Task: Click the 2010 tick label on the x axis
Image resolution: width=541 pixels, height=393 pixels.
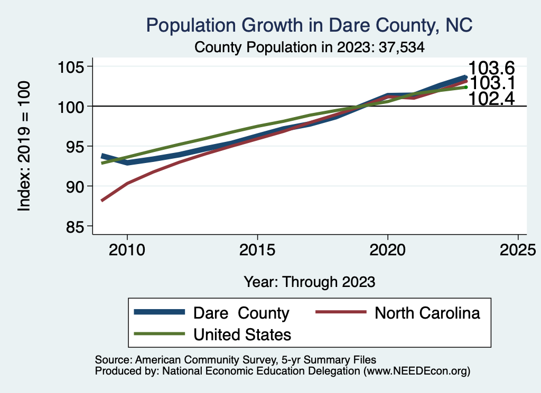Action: (127, 248)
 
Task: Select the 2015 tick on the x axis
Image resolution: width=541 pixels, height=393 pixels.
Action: (257, 248)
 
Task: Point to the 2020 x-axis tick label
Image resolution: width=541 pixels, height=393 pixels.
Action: (388, 248)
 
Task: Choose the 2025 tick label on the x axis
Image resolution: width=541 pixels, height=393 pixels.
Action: (518, 248)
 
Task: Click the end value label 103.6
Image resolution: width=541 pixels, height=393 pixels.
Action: (491, 68)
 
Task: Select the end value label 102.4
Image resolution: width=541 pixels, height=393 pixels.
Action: (491, 98)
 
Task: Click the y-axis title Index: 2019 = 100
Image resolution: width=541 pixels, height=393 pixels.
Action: (24, 146)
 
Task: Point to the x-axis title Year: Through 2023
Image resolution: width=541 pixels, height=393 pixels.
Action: (310, 282)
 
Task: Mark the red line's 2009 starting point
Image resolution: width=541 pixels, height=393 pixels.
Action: (102, 200)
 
